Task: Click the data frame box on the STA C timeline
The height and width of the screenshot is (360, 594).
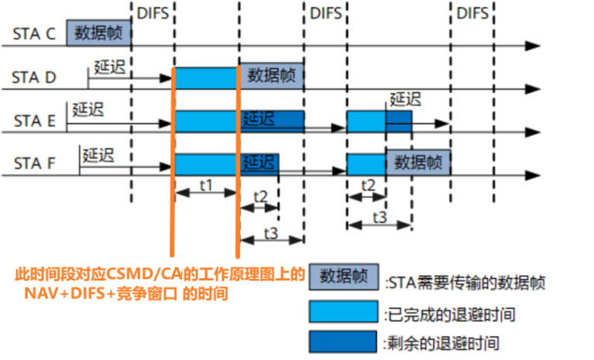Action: [x=98, y=33]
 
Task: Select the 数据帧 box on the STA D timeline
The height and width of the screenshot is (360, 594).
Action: [x=271, y=76]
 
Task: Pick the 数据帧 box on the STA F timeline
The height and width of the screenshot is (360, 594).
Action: [x=418, y=163]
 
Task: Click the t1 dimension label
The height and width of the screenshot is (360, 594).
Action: [x=206, y=187]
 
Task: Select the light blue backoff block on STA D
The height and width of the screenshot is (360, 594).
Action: [x=207, y=77]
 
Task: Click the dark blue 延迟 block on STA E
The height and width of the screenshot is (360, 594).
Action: [x=271, y=120]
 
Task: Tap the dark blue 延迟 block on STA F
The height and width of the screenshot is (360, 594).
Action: [x=259, y=163]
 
